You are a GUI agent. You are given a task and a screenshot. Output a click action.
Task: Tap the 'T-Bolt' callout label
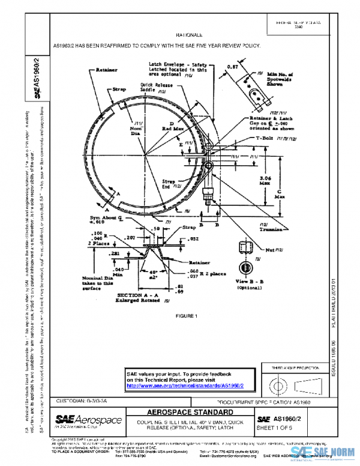pyautogui.click(x=265, y=138)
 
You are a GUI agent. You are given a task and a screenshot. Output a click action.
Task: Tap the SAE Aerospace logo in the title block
pyautogui.click(x=88, y=421)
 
